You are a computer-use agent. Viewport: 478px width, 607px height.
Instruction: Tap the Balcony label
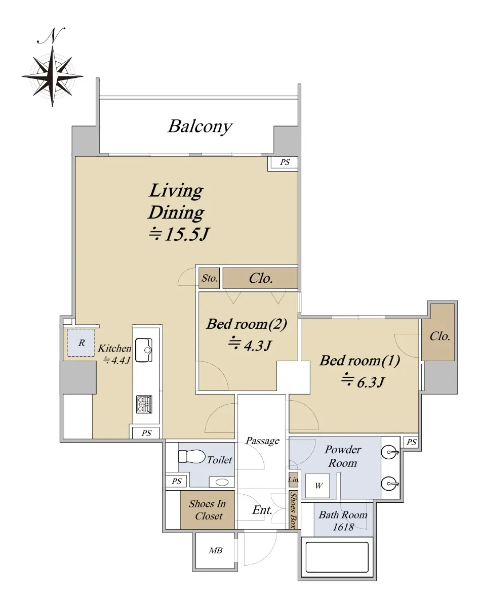[200, 126]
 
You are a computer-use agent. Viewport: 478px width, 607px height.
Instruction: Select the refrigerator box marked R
[81, 342]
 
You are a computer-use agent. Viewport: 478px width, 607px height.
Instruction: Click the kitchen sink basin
[144, 350]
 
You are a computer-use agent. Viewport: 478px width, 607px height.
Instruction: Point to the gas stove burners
[144, 405]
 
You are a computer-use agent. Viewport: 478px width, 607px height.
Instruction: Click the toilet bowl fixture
[192, 456]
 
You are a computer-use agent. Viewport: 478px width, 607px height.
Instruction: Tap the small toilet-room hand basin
[222, 482]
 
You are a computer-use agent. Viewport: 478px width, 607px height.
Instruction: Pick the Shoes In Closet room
[208, 510]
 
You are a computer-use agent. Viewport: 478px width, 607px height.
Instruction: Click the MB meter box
[215, 550]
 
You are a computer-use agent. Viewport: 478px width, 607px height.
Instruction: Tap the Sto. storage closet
[209, 278]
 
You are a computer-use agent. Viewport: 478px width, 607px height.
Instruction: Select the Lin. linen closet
[294, 480]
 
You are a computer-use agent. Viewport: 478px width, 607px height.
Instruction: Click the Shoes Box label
[294, 510]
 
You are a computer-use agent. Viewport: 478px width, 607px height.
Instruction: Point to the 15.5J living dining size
[180, 234]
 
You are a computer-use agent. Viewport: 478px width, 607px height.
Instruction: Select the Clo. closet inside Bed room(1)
[438, 332]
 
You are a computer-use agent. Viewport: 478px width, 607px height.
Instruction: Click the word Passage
[263, 441]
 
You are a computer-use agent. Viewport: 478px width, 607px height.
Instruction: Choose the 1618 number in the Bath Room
[343, 527]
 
